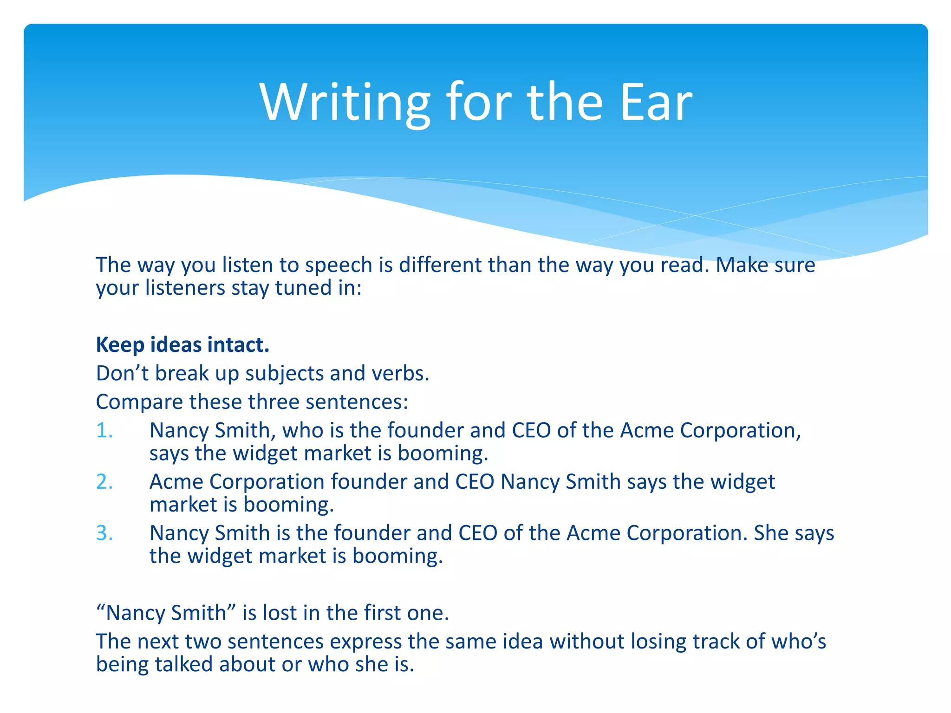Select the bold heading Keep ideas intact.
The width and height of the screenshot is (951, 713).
click(x=182, y=345)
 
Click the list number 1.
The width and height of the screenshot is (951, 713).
click(x=104, y=430)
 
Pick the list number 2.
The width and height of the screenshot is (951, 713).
click(x=104, y=482)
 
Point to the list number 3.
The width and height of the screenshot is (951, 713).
click(x=104, y=533)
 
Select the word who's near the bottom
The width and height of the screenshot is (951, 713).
click(x=799, y=642)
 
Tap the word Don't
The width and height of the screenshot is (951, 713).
click(x=122, y=374)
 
